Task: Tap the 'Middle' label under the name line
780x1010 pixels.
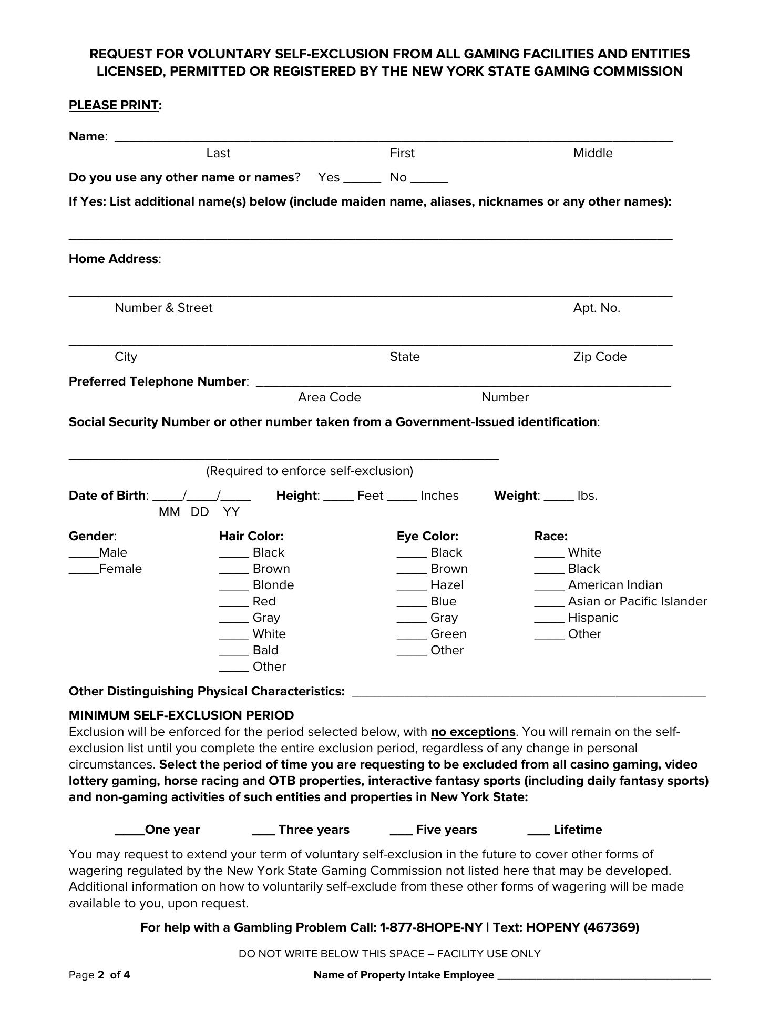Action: (x=592, y=153)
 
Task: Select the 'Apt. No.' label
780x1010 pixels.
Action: (x=597, y=308)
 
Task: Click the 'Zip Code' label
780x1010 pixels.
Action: (x=600, y=357)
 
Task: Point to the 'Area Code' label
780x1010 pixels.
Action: (x=329, y=397)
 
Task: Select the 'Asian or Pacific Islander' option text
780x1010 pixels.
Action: (x=637, y=601)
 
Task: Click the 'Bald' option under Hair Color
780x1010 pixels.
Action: (x=265, y=650)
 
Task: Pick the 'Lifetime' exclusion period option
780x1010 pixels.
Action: (x=577, y=830)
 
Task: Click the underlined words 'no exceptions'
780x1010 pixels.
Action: (x=473, y=732)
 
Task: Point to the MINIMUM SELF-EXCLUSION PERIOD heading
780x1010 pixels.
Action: (x=181, y=715)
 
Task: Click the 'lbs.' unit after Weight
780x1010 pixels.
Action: (x=587, y=496)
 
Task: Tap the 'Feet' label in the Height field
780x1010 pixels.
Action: (x=370, y=496)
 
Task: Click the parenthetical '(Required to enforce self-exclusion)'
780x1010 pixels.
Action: (x=309, y=471)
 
